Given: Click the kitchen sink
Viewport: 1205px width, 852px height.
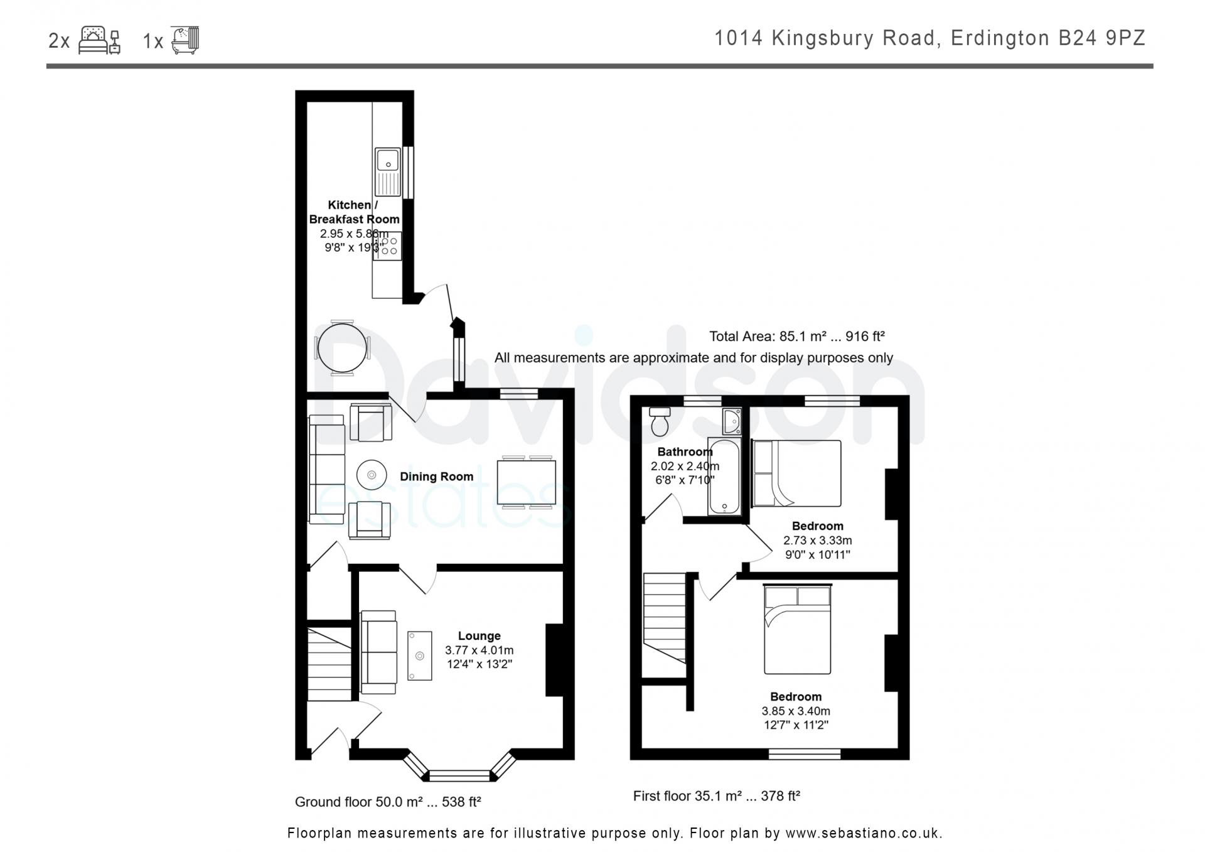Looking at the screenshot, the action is tap(388, 171).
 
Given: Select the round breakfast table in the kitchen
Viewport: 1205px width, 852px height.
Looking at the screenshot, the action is tap(342, 347).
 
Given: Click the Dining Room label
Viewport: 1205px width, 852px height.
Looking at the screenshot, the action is tap(437, 477).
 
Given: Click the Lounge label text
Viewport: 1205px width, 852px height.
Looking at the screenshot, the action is tap(479, 636).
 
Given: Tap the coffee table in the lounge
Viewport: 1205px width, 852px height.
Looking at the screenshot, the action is tap(420, 655).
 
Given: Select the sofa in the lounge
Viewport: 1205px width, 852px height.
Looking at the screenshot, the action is tap(378, 652).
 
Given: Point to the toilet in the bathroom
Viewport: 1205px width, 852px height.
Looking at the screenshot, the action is tap(659, 421).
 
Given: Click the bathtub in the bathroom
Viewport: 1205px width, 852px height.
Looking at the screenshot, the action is tap(725, 477).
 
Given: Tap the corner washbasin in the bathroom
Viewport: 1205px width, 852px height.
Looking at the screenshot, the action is tap(732, 421).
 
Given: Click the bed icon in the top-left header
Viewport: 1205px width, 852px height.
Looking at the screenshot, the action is tap(99, 40).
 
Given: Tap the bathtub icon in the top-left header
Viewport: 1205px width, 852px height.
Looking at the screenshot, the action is tap(185, 40).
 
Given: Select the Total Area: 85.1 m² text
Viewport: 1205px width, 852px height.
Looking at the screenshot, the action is tap(768, 337).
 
